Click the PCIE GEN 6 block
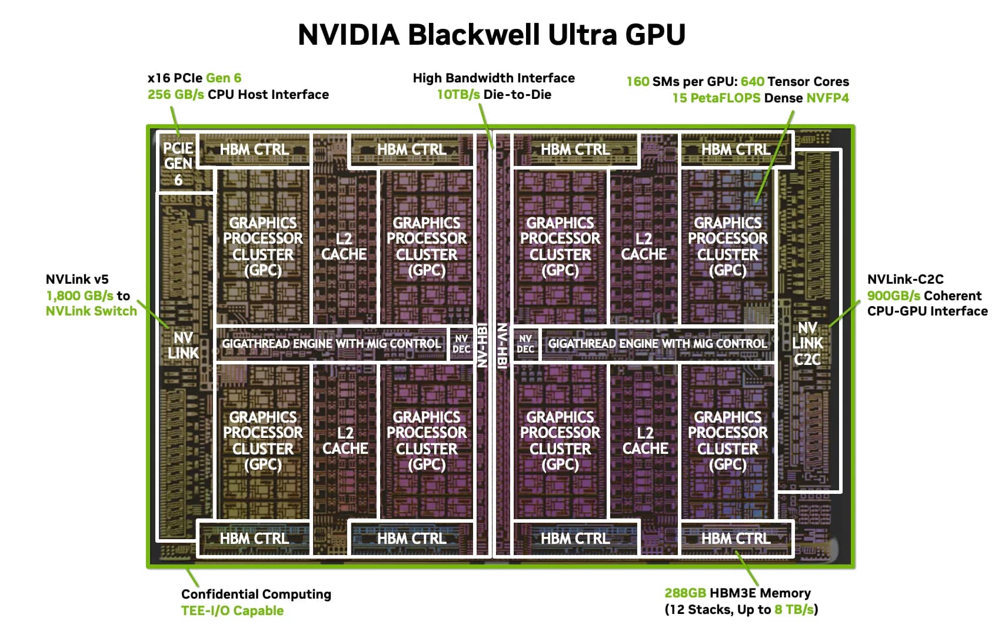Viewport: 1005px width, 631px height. (x=178, y=164)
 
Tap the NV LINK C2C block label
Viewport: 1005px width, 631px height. (x=807, y=343)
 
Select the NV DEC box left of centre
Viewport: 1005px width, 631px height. (x=461, y=344)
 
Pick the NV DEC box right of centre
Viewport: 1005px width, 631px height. (x=525, y=344)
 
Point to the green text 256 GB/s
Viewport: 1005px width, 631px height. (x=175, y=95)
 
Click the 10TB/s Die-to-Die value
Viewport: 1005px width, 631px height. (x=458, y=95)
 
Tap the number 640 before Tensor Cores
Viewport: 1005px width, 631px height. (x=752, y=82)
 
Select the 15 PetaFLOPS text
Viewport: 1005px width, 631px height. (x=716, y=98)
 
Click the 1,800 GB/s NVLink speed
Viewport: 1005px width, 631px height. (x=79, y=295)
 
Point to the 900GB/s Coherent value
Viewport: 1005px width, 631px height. (x=893, y=295)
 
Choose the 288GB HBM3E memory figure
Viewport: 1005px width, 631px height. (x=685, y=593)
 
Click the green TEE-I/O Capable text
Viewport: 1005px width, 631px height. (x=232, y=611)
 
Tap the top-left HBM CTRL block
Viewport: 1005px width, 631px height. (x=254, y=150)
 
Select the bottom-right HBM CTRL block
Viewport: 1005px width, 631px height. (x=736, y=539)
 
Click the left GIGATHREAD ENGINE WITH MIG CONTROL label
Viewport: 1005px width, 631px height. (x=331, y=344)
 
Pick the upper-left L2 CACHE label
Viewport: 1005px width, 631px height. (x=344, y=247)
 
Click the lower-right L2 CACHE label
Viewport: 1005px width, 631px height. (x=645, y=441)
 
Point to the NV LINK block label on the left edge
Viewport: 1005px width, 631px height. (x=183, y=345)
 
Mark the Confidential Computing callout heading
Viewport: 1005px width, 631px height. (x=256, y=595)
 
